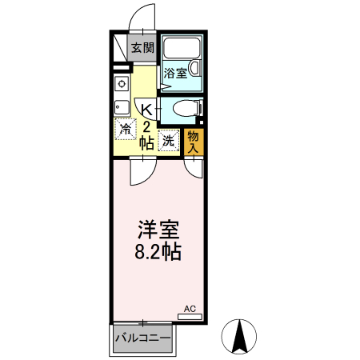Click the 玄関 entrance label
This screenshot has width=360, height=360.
(143, 48)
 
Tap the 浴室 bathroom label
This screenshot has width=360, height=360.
(176, 73)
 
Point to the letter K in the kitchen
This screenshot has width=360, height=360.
(147, 110)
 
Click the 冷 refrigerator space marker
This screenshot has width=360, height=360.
(126, 128)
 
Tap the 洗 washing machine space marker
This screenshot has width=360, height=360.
(169, 139)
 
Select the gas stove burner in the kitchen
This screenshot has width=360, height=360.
(122, 84)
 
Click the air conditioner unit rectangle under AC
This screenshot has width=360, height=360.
(190, 317)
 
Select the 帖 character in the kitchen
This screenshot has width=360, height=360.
(147, 144)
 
